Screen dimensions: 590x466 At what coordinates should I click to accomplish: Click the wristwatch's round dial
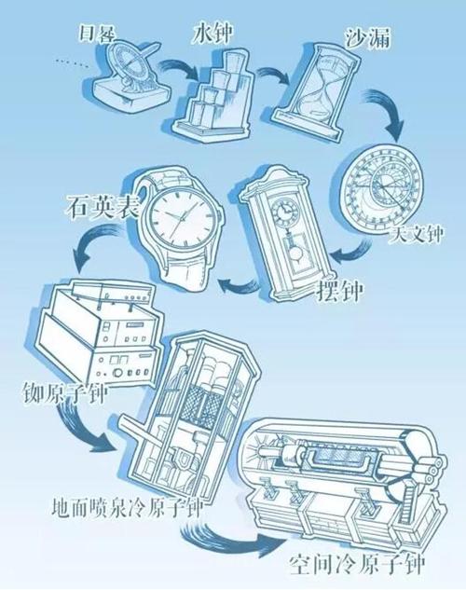click(183, 220)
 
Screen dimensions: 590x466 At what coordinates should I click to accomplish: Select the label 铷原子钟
click(67, 389)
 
